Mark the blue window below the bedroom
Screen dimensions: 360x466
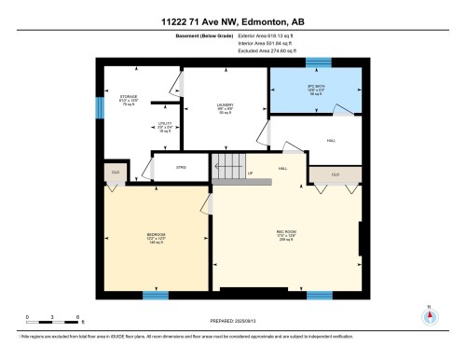tap(155, 295)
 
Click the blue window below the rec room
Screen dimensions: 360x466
tap(319, 295)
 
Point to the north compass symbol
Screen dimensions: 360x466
tap(428, 317)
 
